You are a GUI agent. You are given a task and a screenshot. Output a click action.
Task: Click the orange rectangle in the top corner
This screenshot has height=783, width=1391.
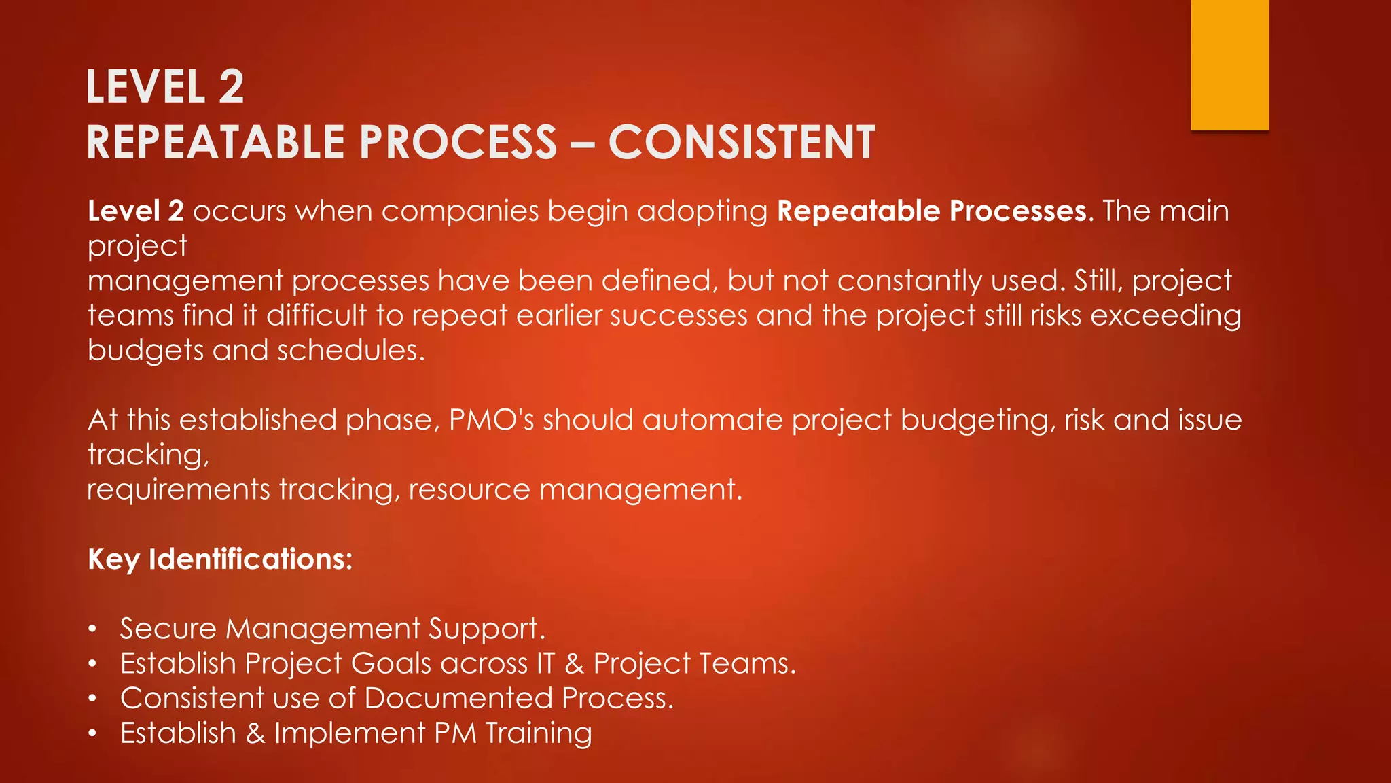[x=1229, y=65]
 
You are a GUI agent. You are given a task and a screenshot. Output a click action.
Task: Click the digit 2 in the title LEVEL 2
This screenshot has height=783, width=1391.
[x=231, y=87]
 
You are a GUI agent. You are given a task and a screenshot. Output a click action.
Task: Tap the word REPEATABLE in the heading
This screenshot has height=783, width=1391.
[x=216, y=143]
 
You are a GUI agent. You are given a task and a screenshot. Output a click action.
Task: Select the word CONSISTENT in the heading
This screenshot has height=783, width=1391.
[x=742, y=143]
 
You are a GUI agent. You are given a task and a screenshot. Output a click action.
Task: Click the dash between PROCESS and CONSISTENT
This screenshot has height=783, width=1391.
[x=582, y=144]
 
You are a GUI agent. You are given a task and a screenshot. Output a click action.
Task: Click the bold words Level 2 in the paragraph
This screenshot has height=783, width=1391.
[x=136, y=211]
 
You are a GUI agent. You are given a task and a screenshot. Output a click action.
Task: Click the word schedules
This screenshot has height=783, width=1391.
[x=350, y=351]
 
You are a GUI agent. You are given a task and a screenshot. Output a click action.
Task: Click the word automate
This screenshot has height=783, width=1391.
[x=712, y=420]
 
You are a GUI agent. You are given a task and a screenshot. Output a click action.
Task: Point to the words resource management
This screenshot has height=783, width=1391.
[x=575, y=490]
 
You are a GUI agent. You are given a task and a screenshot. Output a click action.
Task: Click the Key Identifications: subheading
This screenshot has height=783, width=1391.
[x=220, y=559]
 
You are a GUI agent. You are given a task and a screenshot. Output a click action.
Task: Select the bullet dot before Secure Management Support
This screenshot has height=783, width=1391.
[x=92, y=629]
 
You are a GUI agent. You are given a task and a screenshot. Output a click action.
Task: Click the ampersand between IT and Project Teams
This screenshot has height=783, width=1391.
[x=574, y=664]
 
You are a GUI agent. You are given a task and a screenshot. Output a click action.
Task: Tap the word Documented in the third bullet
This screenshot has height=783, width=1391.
[x=458, y=699]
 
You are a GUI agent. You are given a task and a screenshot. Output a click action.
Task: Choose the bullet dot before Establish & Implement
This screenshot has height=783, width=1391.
[x=92, y=734]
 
